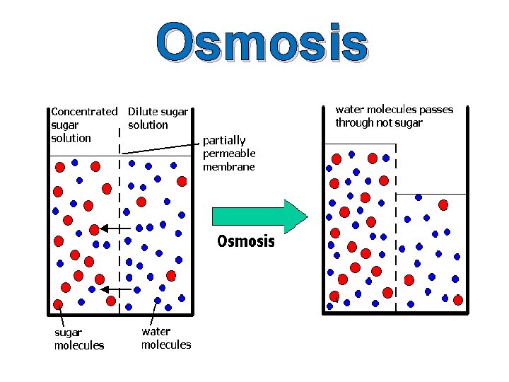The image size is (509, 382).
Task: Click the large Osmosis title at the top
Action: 262,42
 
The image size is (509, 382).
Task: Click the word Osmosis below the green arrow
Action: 245,241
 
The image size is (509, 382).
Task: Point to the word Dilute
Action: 142,111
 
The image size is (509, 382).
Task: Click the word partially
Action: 224,140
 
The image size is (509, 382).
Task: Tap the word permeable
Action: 229,154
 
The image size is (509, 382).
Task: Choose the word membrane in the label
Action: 229,167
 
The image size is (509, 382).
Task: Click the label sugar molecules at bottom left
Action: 78,338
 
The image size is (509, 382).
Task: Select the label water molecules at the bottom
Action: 166,337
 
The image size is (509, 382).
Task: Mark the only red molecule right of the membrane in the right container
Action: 443,205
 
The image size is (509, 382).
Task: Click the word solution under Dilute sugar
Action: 148,125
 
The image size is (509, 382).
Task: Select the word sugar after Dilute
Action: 174,111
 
